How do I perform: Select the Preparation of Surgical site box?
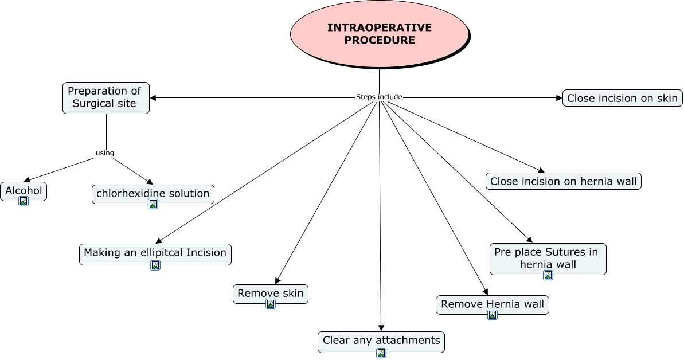click(x=105, y=97)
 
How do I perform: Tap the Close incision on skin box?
click(x=622, y=98)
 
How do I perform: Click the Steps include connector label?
click(x=379, y=97)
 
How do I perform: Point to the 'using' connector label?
click(x=105, y=153)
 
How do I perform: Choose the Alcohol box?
click(x=24, y=190)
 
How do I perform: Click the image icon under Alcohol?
click(x=24, y=201)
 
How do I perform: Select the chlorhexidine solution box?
click(x=153, y=193)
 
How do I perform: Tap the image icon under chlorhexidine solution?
click(x=153, y=204)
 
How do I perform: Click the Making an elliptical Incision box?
click(x=155, y=252)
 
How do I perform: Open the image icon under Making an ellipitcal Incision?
click(x=155, y=265)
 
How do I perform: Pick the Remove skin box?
click(x=270, y=293)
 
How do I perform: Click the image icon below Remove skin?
click(x=271, y=304)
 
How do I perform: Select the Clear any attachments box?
click(x=381, y=341)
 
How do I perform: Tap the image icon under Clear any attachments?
click(x=381, y=353)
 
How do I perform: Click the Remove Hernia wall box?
click(x=492, y=304)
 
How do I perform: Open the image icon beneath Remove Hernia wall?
click(x=493, y=315)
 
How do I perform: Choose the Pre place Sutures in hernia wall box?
click(x=548, y=257)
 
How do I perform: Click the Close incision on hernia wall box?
click(x=564, y=181)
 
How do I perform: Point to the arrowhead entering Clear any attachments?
click(x=381, y=327)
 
